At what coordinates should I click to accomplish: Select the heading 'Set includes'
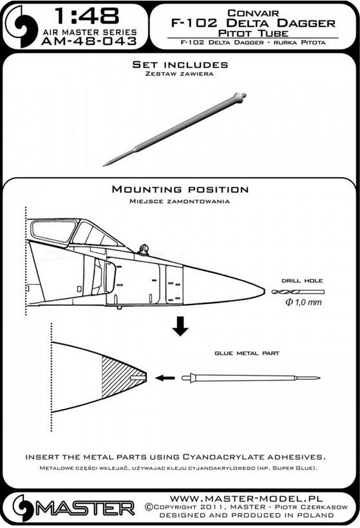click(180, 65)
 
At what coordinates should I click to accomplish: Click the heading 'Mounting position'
click(180, 189)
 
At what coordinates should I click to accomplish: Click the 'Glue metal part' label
click(247, 354)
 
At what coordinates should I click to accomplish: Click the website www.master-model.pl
click(260, 498)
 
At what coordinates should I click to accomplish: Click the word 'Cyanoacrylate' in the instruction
click(231, 456)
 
